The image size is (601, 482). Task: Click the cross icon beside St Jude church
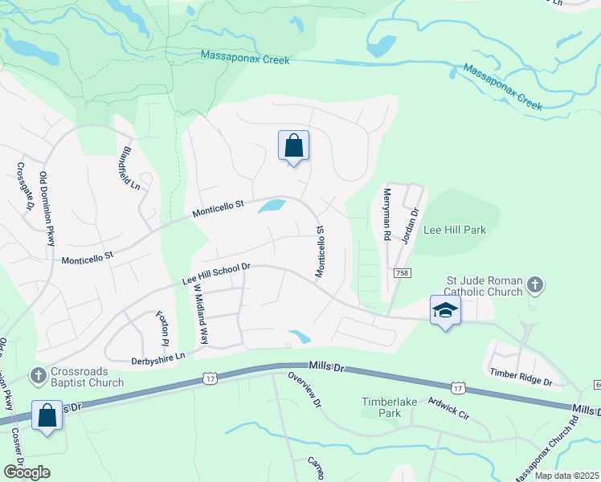pyautogui.click(x=535, y=284)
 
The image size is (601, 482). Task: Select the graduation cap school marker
pyautogui.click(x=445, y=310)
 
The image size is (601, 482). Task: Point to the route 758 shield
pyautogui.click(x=399, y=274)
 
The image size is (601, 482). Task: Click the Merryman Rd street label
pyautogui.click(x=386, y=214)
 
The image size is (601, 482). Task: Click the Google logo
pyautogui.click(x=26, y=472)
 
